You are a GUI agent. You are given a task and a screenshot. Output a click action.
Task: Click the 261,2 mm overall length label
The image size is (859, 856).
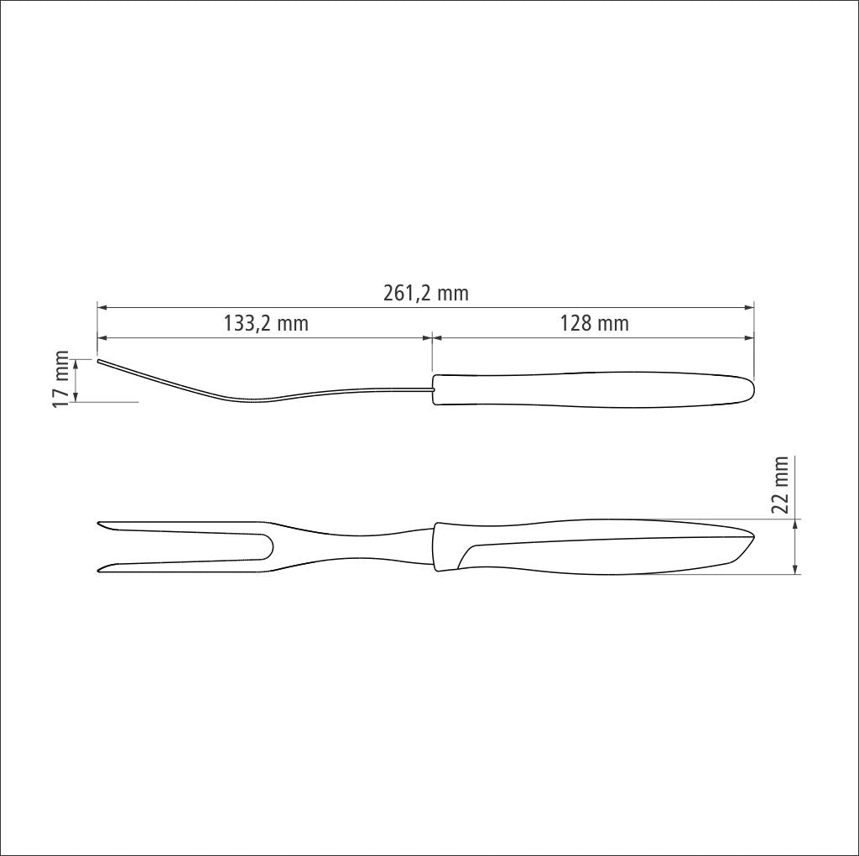tap(425, 293)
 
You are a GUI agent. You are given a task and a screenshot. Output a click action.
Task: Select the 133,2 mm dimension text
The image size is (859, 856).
tap(266, 323)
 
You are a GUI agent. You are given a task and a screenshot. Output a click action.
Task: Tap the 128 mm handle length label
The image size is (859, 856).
tap(594, 323)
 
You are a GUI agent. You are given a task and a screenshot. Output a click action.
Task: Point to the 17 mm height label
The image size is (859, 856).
tap(61, 378)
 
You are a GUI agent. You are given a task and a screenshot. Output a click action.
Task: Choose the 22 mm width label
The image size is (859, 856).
tap(779, 484)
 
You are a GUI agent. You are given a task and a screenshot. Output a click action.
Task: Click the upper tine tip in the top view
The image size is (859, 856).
tap(99, 524)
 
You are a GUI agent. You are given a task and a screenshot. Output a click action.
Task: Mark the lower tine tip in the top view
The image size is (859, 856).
tap(99, 571)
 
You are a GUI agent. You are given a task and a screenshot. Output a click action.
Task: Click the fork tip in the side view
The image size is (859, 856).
tap(98, 360)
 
